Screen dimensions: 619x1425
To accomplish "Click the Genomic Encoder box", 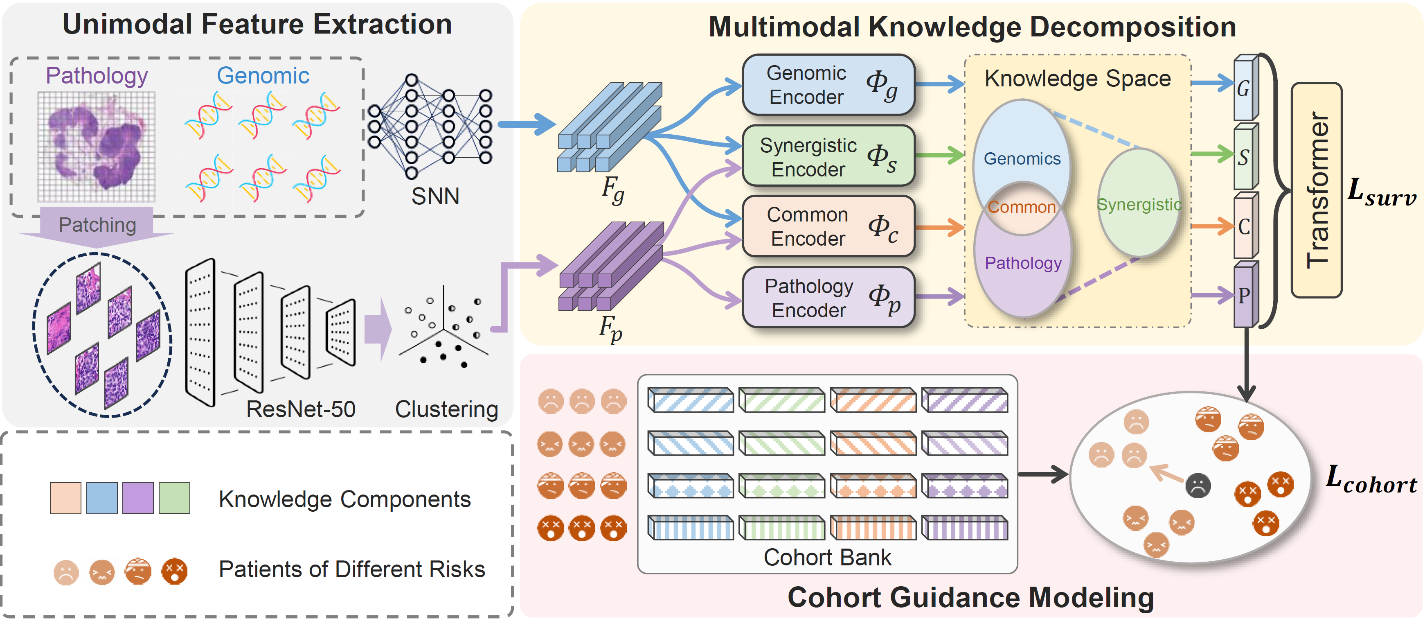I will [828, 85].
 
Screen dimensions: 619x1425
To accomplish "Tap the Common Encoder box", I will [828, 226].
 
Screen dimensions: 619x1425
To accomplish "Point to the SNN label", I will [435, 197].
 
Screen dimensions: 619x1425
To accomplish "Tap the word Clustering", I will [446, 409].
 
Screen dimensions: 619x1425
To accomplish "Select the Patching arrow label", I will [97, 225].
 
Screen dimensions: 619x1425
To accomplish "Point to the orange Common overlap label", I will [1021, 207].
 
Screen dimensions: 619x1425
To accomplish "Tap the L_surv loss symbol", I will [1381, 192].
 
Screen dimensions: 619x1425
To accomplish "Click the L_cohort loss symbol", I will [1371, 479].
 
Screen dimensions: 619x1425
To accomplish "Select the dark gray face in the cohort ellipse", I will [1198, 486].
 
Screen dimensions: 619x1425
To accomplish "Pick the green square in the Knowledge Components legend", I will [174, 498].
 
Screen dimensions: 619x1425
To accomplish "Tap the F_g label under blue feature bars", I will [613, 190].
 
